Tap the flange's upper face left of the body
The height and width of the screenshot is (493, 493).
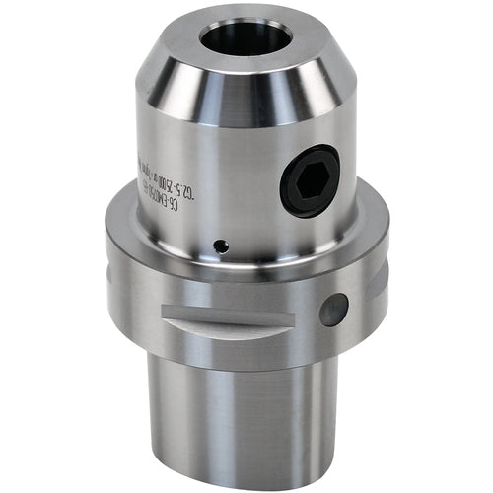[123, 212]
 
